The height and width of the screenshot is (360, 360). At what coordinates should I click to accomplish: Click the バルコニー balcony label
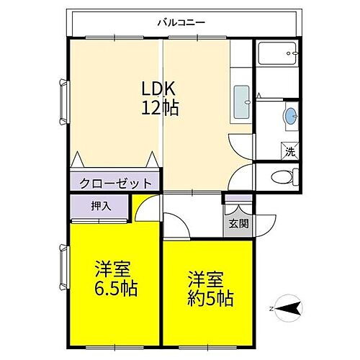[181, 22]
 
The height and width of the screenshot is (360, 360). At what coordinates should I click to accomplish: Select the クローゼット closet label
[116, 182]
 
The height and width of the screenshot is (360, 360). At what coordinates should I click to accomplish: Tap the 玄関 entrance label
[238, 223]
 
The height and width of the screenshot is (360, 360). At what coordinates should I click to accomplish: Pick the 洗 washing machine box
[289, 151]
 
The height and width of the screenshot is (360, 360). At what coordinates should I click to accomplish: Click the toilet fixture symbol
[284, 176]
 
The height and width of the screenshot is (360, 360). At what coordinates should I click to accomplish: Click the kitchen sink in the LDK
[242, 103]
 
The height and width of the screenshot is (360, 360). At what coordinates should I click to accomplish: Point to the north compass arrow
[289, 309]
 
